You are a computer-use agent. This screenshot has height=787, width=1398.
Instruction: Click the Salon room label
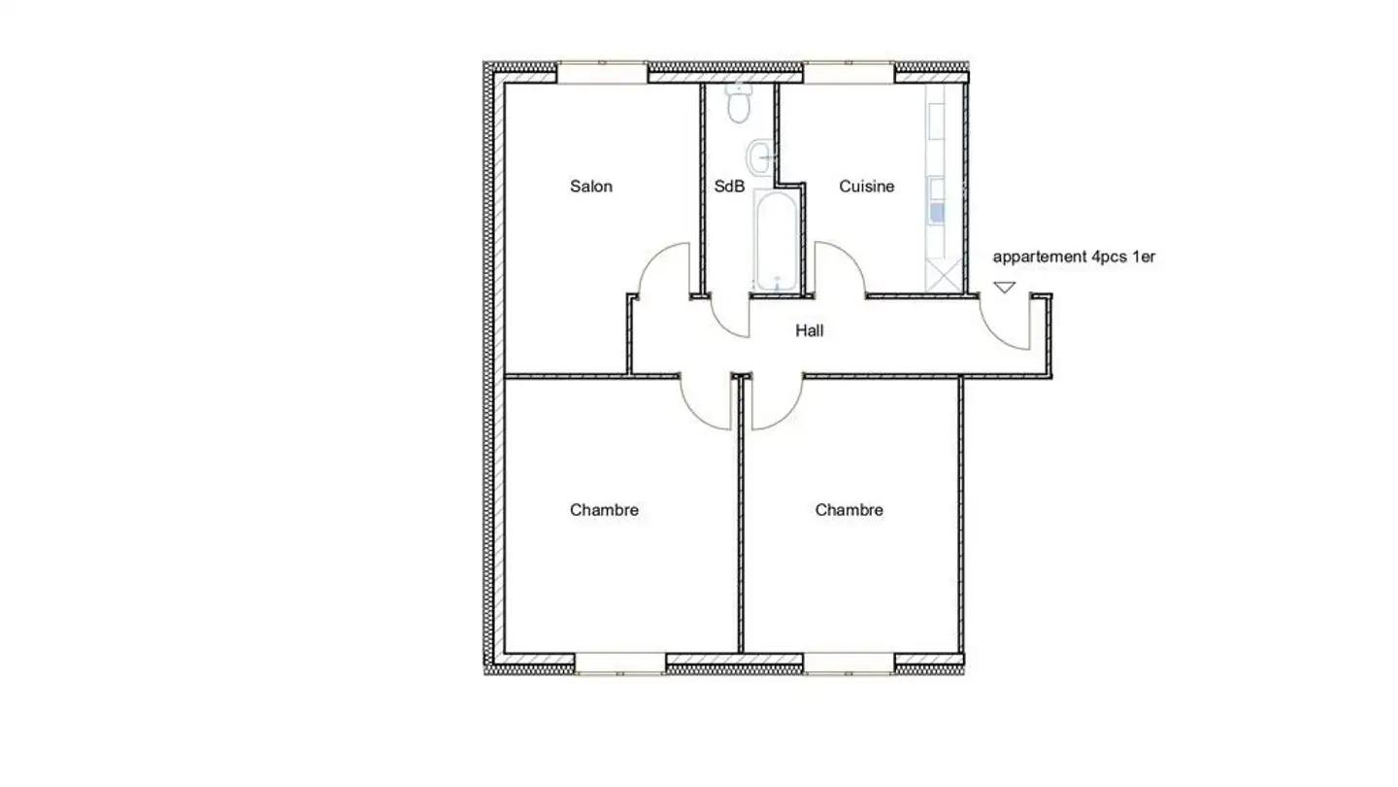590,187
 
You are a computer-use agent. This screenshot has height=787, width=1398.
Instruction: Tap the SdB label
729,187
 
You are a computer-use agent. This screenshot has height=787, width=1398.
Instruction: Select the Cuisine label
866,187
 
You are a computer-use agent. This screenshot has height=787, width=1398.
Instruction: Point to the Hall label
810,331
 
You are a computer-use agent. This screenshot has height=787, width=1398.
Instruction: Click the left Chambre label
604,510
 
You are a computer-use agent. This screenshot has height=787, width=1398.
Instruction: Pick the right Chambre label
849,510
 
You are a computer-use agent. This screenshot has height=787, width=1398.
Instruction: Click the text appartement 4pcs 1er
1074,257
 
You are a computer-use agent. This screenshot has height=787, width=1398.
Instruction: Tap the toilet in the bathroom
740,105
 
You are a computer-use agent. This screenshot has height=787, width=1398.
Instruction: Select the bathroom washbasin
760,154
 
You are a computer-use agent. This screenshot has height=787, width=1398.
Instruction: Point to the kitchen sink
937,213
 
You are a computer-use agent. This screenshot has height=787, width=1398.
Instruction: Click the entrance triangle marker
1004,288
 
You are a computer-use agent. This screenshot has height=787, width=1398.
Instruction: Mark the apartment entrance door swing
1006,321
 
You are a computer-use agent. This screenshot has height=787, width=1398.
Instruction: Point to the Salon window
602,72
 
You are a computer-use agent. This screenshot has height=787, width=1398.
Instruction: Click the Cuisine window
848,72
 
